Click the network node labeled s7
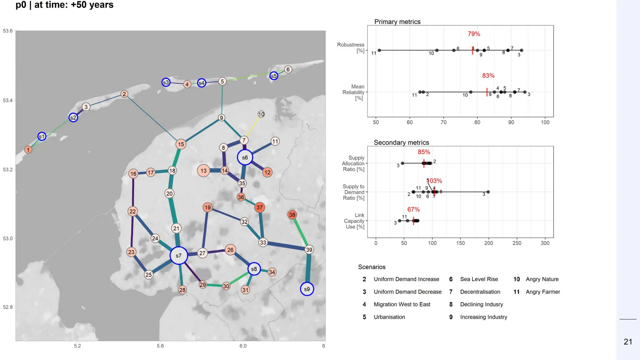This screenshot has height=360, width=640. point(178,256)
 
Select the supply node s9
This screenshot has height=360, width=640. point(307,289)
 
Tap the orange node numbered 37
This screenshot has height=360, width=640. point(259,207)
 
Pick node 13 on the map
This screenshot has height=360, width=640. point(203,171)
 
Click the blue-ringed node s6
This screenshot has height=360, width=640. point(245,157)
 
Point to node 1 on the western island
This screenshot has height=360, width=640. point(28,150)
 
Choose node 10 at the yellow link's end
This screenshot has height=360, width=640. point(261,114)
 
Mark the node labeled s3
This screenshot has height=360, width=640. point(166,82)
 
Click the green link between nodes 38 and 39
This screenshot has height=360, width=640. point(301,232)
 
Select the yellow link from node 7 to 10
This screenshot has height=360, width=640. point(253,126)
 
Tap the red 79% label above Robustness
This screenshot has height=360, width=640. point(474,34)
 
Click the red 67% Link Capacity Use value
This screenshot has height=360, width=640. point(413,209)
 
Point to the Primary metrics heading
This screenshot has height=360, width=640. point(397,22)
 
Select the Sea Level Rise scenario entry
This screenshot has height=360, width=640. point(479,279)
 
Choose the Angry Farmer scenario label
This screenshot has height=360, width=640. point(542,292)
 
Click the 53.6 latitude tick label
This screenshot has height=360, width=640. point(8,31)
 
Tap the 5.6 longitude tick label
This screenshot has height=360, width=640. point(160,346)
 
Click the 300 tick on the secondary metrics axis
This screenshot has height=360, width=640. point(545,243)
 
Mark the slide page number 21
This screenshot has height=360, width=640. point(628,342)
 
